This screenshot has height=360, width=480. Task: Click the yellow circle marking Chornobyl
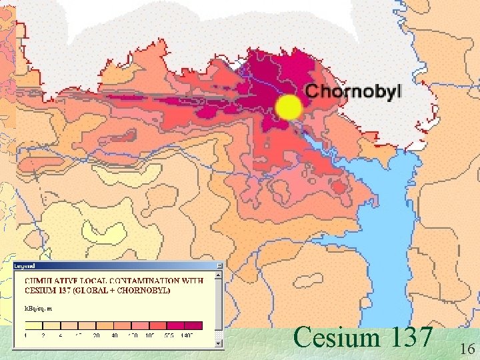[x=289, y=107]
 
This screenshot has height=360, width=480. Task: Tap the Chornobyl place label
[x=353, y=91]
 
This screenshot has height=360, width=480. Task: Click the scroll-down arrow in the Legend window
[x=218, y=343]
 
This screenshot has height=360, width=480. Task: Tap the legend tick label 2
[x=45, y=335]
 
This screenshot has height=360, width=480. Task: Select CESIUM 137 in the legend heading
[x=55, y=290]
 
